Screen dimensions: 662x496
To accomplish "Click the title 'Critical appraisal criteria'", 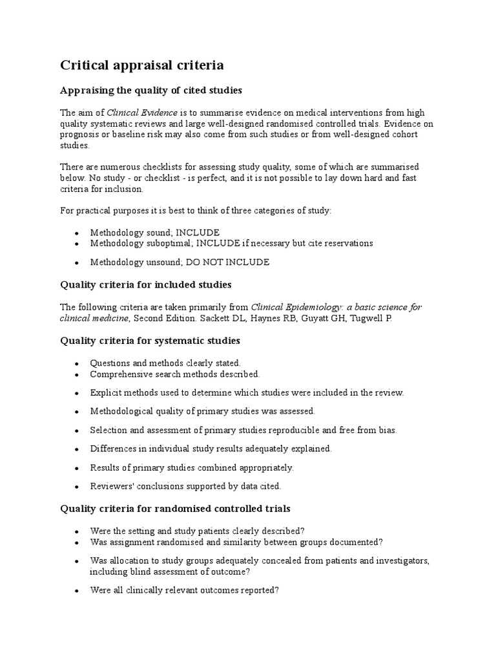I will click(x=142, y=65).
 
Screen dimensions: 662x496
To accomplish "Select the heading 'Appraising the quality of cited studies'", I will click(x=151, y=90).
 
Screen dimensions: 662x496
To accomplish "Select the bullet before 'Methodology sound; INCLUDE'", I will click(x=77, y=233).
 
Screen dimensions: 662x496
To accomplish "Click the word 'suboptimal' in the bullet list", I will click(x=166, y=244).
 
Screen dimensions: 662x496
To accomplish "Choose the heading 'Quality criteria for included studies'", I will click(x=145, y=284).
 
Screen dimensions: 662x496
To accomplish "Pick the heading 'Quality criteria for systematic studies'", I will click(x=150, y=340).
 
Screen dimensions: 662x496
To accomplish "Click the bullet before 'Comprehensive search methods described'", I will click(x=77, y=375).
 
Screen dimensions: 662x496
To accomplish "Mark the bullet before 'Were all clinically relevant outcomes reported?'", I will click(x=77, y=591).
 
